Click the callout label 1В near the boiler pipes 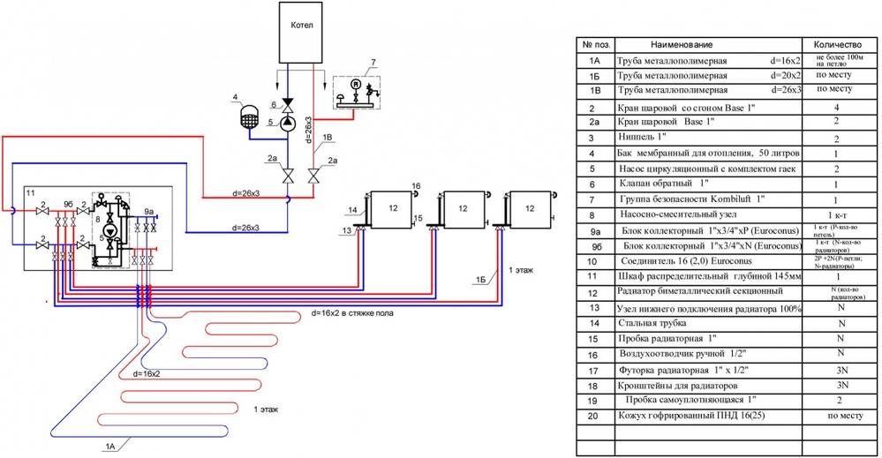pos(328,138)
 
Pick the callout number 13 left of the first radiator pos(347,231)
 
